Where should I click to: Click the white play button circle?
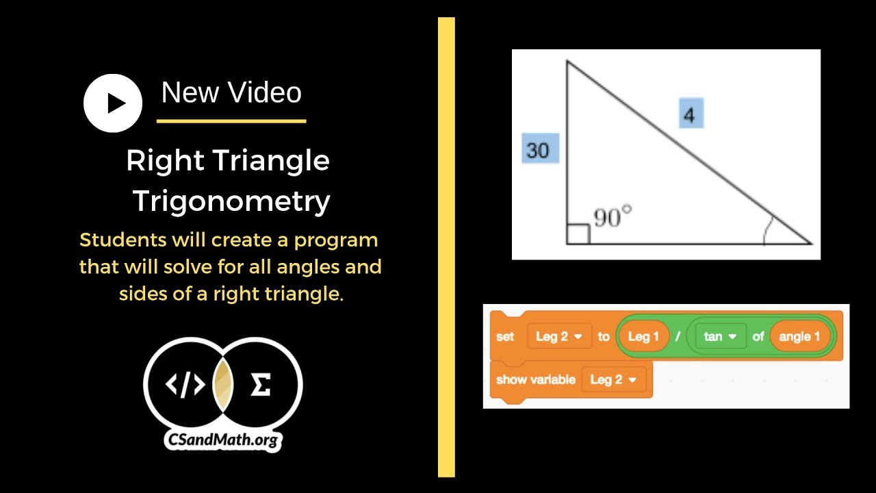coord(113,103)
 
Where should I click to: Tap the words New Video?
coord(231,92)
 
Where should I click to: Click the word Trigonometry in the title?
coord(231,201)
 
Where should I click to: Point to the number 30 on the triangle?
coord(539,149)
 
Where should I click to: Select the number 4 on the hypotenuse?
coord(691,114)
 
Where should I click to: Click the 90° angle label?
coord(612,218)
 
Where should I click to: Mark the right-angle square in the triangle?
coord(578,233)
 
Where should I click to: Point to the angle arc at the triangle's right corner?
coord(768,229)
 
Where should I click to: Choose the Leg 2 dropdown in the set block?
coord(558,337)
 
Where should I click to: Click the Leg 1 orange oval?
coord(643,337)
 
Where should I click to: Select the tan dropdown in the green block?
coord(720,337)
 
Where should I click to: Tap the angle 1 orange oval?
coord(799,337)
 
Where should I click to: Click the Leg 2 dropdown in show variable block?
coord(613,379)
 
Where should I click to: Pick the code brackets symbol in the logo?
coord(185,385)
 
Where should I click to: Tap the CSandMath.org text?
coord(222,439)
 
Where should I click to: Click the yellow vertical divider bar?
coord(446,246)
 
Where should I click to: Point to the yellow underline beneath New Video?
coord(231,121)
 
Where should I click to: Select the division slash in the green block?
coord(678,337)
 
